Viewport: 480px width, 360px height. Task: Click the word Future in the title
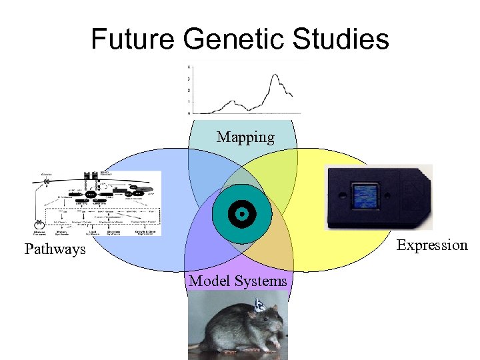(133, 39)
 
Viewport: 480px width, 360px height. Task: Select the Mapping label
(245, 137)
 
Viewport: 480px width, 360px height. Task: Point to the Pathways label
(55, 249)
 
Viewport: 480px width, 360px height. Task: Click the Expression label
(432, 245)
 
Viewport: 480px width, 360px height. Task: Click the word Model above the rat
(207, 281)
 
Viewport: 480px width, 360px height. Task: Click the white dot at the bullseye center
(241, 214)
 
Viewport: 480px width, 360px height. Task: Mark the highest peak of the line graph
(273, 75)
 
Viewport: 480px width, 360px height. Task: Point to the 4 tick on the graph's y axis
(189, 67)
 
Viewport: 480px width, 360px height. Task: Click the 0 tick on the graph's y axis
(189, 113)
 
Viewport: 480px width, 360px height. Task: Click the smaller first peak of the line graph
(231, 101)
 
